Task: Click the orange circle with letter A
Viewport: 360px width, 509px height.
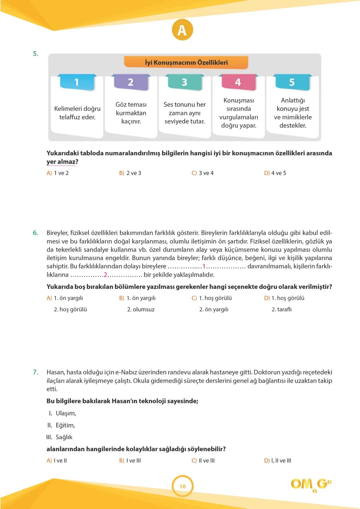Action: pyautogui.click(x=182, y=30)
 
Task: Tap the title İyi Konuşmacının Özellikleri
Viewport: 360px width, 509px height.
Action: pyautogui.click(x=186, y=62)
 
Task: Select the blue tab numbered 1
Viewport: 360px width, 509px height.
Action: pyautogui.click(x=76, y=82)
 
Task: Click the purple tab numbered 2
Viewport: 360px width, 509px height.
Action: pyautogui.click(x=131, y=82)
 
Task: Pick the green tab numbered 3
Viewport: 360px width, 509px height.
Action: pyautogui.click(x=184, y=82)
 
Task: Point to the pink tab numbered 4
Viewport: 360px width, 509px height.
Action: pyautogui.click(x=238, y=82)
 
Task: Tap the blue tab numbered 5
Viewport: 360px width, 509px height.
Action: pyautogui.click(x=292, y=82)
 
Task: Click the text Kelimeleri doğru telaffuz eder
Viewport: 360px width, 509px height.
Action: pyautogui.click(x=77, y=113)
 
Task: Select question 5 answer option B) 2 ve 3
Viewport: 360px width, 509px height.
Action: pyautogui.click(x=130, y=173)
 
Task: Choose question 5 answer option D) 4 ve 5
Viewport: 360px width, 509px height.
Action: pyautogui.click(x=275, y=173)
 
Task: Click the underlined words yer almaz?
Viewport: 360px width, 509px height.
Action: pyautogui.click(x=62, y=162)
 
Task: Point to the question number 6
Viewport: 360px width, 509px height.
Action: pyautogui.click(x=35, y=233)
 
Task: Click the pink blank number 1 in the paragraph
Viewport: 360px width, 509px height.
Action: pyautogui.click(x=204, y=266)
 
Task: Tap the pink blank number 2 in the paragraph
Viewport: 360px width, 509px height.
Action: pyautogui.click(x=105, y=275)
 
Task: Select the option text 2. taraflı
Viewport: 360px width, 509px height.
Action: pyautogui.click(x=282, y=309)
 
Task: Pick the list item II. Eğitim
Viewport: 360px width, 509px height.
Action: pyautogui.click(x=61, y=425)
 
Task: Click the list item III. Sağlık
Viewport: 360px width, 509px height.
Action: pyautogui.click(x=60, y=437)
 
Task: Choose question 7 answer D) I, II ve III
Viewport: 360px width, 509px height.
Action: pyautogui.click(x=278, y=461)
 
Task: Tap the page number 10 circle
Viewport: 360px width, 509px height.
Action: pyautogui.click(x=183, y=486)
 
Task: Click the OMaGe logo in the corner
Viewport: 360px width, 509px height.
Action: pyautogui.click(x=311, y=485)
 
